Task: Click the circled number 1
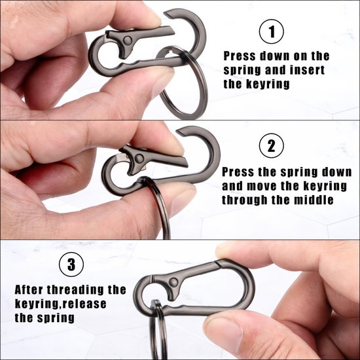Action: click(x=272, y=31)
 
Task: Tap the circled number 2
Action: click(x=272, y=145)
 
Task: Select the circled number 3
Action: click(x=71, y=264)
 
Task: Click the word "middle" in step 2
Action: click(x=314, y=200)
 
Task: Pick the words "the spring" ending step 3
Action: click(x=45, y=318)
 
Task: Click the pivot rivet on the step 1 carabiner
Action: click(x=128, y=41)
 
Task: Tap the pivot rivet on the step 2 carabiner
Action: click(x=139, y=158)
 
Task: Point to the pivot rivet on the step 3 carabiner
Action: click(x=173, y=281)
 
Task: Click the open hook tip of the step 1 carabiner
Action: click(x=167, y=14)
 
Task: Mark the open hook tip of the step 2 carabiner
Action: click(x=180, y=132)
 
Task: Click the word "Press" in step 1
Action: click(x=239, y=56)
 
